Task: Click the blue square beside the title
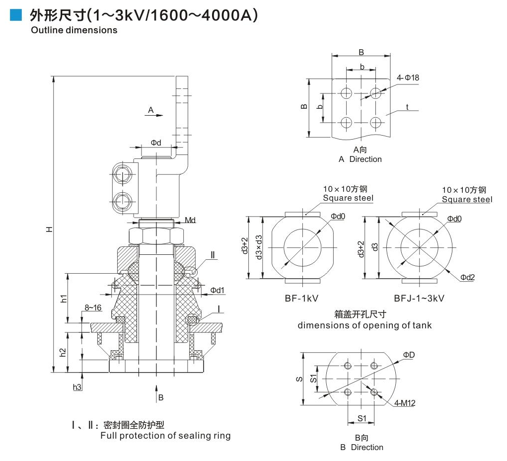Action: [x=16, y=15]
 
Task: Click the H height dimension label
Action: [x=49, y=229]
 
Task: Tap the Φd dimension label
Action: [x=156, y=143]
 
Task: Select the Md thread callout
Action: [x=190, y=220]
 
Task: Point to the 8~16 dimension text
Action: [x=92, y=308]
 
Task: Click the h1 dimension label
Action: [x=63, y=298]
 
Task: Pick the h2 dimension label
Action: [x=63, y=352]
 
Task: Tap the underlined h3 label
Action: [x=77, y=387]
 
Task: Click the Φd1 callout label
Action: [x=217, y=290]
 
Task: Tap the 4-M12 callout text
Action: [x=405, y=403]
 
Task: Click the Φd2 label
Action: [x=467, y=277]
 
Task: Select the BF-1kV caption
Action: [x=301, y=298]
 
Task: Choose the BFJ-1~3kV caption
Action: [x=419, y=298]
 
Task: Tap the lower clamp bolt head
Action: [x=122, y=202]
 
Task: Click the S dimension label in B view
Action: [x=299, y=379]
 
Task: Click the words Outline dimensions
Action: [x=74, y=30]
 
